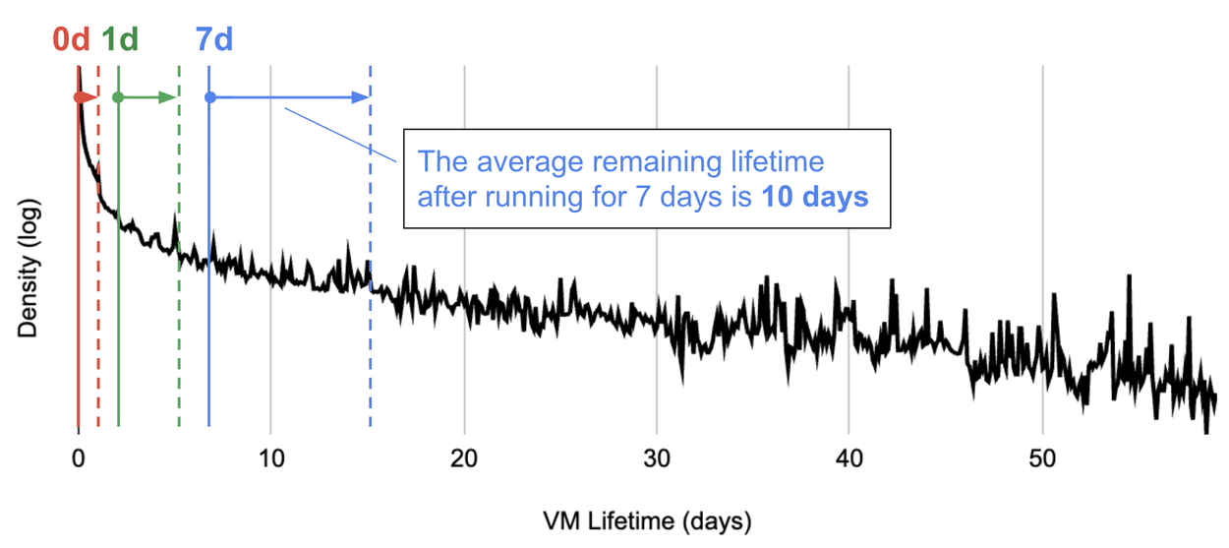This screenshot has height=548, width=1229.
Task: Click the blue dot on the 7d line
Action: (x=209, y=97)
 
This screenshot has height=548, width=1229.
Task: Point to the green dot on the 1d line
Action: (x=118, y=97)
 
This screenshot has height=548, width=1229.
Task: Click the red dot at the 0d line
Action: (x=79, y=97)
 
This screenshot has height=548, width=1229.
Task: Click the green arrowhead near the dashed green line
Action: (x=170, y=97)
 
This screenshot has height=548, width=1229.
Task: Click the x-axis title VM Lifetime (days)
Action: (x=646, y=518)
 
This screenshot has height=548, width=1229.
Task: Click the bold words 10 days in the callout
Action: (x=815, y=197)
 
